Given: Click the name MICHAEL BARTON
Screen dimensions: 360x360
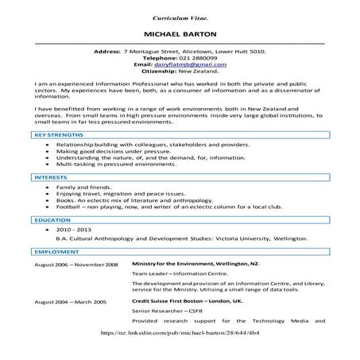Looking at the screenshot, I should [180, 36].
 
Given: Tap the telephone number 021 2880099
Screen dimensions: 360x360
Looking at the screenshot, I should [193, 58].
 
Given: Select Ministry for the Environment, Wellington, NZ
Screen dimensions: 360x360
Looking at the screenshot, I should [196, 263].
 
